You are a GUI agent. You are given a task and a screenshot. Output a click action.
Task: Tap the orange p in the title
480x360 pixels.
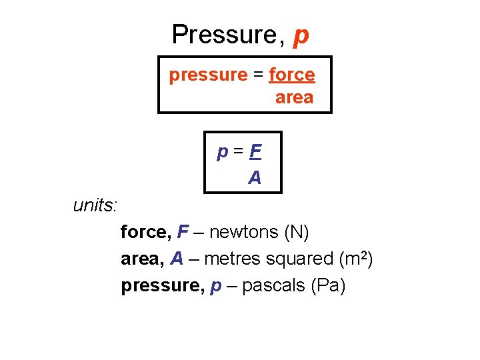pyautogui.click(x=301, y=36)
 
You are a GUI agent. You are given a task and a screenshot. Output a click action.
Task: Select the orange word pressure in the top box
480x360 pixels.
pyautogui.click(x=207, y=75)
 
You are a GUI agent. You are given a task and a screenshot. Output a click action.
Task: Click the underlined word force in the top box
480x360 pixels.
pyautogui.click(x=291, y=75)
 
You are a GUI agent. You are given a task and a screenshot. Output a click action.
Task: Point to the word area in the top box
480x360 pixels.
pyautogui.click(x=294, y=98)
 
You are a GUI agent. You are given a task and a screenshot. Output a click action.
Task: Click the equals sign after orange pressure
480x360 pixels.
pyautogui.click(x=258, y=75)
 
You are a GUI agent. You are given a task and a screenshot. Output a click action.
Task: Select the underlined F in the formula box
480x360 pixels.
pyautogui.click(x=254, y=153)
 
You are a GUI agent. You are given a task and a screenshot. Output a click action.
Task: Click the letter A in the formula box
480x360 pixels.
pyautogui.click(x=254, y=178)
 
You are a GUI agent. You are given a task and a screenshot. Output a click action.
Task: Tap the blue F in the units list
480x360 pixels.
pyautogui.click(x=182, y=232)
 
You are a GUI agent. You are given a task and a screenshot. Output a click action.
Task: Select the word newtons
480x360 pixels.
pyautogui.click(x=244, y=232)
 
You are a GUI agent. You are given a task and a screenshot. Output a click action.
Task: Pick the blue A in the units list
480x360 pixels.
pyautogui.click(x=177, y=259)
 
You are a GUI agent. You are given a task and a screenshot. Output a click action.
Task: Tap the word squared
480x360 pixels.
pyautogui.click(x=299, y=259)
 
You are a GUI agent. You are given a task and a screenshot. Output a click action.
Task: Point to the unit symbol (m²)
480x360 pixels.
pyautogui.click(x=355, y=258)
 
